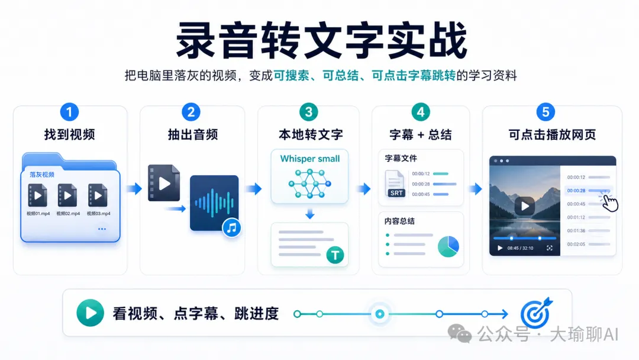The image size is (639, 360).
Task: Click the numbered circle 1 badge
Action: (69, 112)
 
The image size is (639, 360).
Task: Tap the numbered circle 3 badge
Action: (308, 112)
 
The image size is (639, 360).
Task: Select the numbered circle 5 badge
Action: (546, 112)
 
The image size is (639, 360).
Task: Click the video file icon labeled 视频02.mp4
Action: (67, 195)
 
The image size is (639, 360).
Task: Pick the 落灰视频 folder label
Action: (42, 175)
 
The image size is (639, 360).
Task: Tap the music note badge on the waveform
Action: (232, 227)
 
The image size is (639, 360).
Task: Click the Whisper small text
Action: (310, 159)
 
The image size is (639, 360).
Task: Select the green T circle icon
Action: (335, 255)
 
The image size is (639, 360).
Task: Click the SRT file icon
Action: (395, 184)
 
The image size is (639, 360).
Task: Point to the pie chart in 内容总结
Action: (448, 246)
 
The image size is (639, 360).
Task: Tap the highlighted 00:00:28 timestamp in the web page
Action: (576, 191)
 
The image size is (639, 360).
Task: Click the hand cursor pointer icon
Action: (609, 202)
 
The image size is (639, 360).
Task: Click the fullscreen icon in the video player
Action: (549, 248)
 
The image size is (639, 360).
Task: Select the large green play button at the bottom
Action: (90, 313)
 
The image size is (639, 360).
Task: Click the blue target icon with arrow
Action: (536, 313)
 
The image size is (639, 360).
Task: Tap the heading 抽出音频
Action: (193, 134)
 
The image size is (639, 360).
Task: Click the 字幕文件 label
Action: (401, 158)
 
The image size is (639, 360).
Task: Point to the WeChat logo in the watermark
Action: (459, 334)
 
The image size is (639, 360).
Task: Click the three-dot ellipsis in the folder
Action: (102, 229)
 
